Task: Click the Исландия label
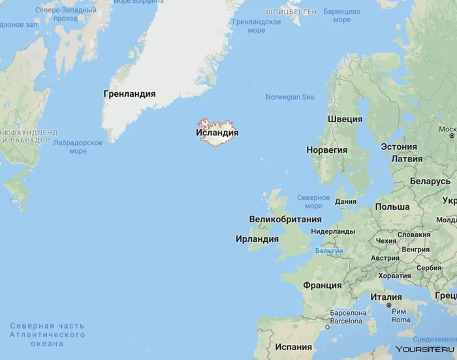click(217, 133)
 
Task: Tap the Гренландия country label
click(129, 94)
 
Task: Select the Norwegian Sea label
click(289, 97)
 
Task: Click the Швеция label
click(345, 119)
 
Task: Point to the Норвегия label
click(326, 150)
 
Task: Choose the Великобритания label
click(285, 220)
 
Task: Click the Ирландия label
click(257, 239)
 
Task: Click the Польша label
click(392, 207)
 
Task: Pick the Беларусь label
click(430, 181)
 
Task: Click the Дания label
click(345, 202)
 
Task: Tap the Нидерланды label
click(333, 231)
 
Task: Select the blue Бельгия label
click(328, 250)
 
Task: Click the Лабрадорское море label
click(78, 147)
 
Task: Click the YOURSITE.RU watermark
click(424, 350)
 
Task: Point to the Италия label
click(386, 297)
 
